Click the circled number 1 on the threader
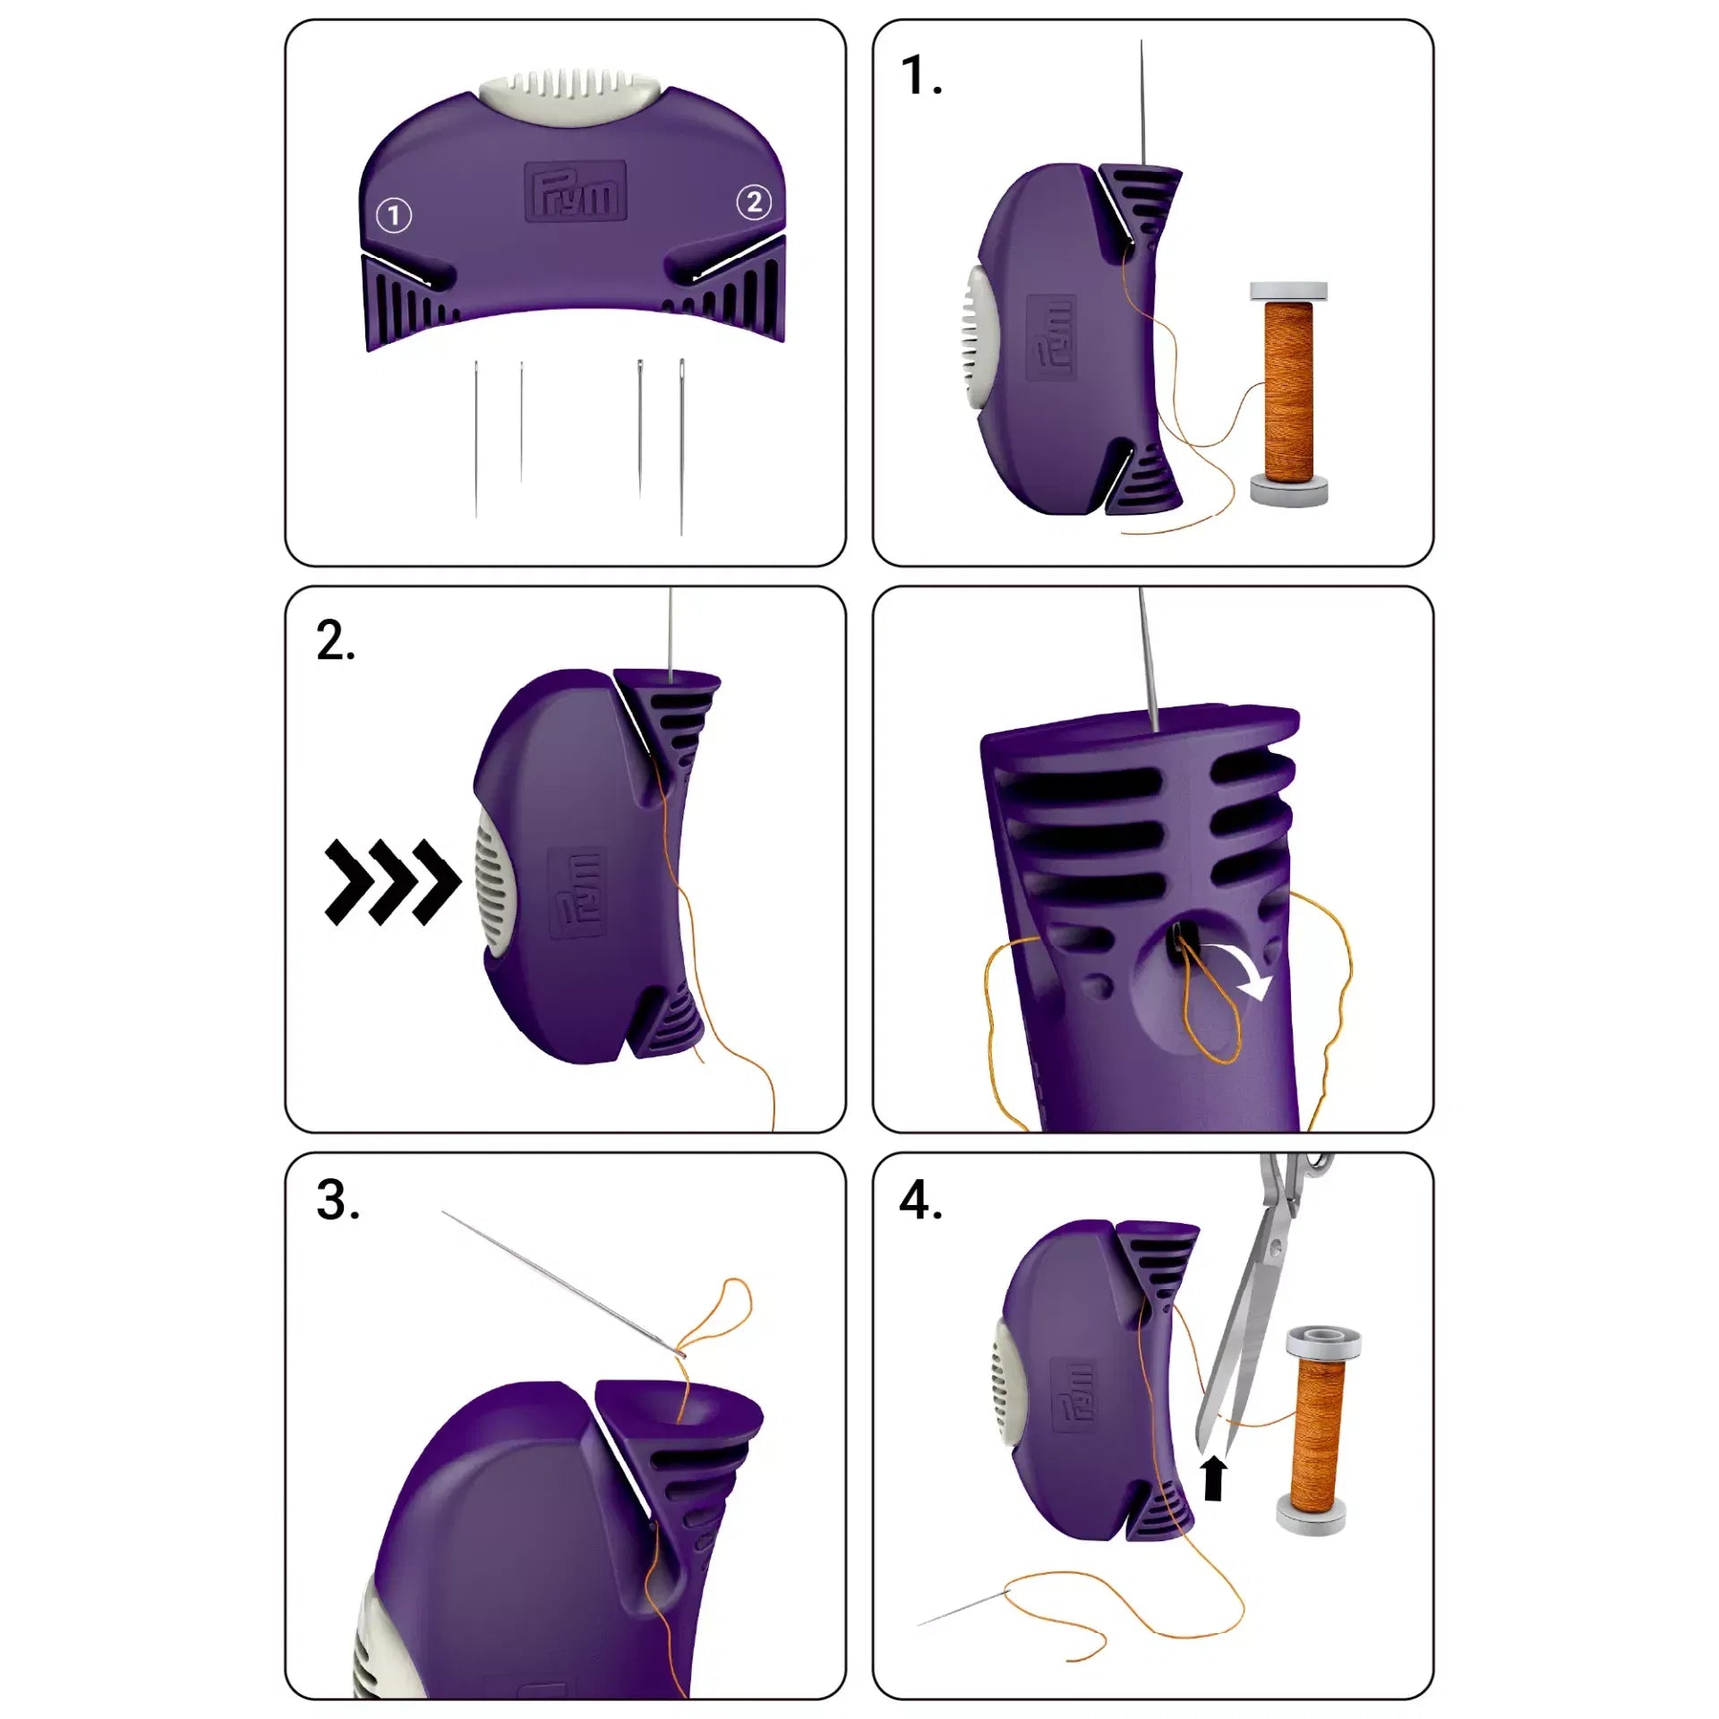394,215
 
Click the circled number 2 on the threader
754,202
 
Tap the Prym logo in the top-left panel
575,191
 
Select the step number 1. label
921,75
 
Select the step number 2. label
335,642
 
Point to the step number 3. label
338,1201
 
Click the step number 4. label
920,1201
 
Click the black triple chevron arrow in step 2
392,882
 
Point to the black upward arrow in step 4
1213,1476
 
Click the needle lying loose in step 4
962,1608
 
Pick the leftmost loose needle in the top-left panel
476,439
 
